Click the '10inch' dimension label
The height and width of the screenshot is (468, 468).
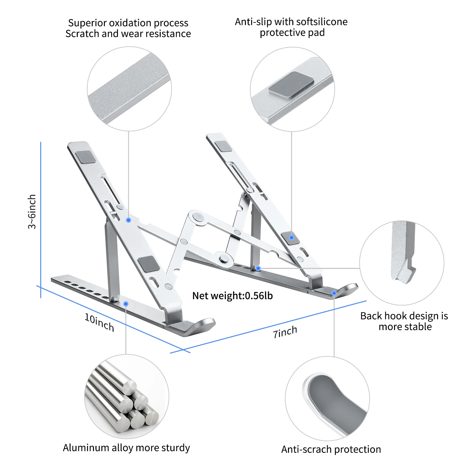[x=99, y=322]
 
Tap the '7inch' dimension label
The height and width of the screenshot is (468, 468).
[x=285, y=332]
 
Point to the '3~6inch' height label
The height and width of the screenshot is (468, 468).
[x=32, y=212]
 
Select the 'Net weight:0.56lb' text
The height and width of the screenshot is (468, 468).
[x=232, y=295]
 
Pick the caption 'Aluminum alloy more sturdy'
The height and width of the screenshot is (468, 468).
[x=126, y=447]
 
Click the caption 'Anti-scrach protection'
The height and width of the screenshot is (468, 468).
[x=331, y=449]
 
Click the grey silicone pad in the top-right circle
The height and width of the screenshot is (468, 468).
[x=291, y=85]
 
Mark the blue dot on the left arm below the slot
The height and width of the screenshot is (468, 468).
[x=128, y=220]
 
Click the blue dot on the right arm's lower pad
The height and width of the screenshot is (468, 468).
[x=291, y=237]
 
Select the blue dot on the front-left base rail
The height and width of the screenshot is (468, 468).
[x=126, y=303]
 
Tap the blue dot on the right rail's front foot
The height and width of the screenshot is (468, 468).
[x=334, y=293]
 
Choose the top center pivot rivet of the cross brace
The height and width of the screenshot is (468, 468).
[x=197, y=216]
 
